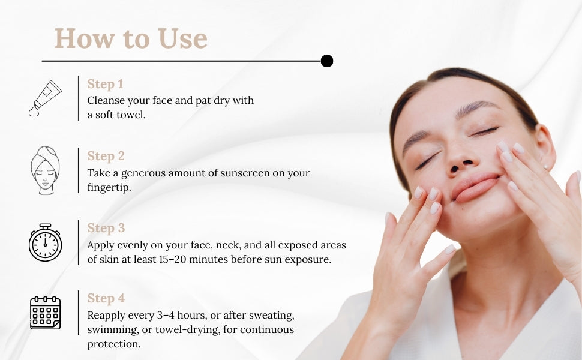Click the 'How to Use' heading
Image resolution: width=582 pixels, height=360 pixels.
click(131, 38)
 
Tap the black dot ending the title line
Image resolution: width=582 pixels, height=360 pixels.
click(326, 61)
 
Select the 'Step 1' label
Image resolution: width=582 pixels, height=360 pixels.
click(105, 84)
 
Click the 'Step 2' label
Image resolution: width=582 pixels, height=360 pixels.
click(106, 156)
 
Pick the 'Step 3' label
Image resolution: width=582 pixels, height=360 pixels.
click(106, 228)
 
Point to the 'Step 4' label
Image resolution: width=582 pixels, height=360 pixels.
click(106, 298)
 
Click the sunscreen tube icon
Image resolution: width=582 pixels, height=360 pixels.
click(45, 98)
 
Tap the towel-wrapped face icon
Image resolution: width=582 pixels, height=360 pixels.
click(45, 170)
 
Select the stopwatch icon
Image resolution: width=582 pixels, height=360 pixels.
click(45, 242)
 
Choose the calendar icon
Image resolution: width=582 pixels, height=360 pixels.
click(45, 313)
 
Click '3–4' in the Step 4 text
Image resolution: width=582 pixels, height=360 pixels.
click(166, 315)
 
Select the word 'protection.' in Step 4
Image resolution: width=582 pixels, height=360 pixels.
click(114, 344)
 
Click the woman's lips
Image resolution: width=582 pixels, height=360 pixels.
click(475, 188)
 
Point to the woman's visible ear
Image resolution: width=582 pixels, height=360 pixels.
click(545, 146)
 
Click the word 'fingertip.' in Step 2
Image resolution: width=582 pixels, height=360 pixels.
click(109, 187)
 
